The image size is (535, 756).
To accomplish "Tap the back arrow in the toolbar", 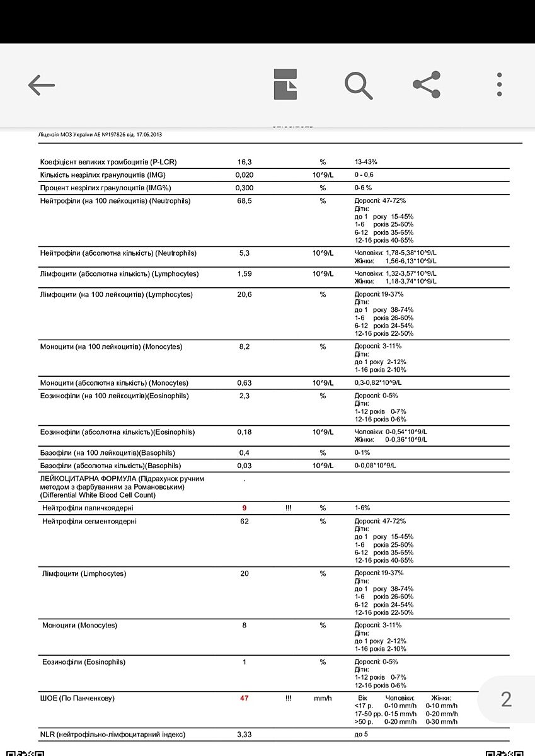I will pos(42,85).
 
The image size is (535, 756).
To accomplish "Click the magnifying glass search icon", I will pos(359,85).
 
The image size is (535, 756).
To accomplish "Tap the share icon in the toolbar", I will pos(427,84).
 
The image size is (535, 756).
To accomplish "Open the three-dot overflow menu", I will pos(499,84).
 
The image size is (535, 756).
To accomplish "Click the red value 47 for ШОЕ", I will pos(244,698).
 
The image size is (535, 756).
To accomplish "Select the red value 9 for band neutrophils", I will pos(244,508).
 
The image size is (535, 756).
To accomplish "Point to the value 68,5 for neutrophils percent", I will pos(244,201).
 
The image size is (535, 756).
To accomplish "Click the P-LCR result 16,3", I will pos(244,162).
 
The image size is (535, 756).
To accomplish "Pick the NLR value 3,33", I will pos(244,735).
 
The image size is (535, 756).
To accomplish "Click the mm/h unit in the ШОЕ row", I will pos(323,698).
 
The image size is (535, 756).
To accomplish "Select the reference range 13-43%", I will pos(371,162).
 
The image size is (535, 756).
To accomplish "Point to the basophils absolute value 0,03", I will pos(244,466).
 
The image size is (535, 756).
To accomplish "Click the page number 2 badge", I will pos(506,699).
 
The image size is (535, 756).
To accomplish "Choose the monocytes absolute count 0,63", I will pos(244,383).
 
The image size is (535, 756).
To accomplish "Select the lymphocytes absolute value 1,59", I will pos(244,274).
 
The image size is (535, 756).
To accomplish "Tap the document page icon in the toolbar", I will pos(285,84).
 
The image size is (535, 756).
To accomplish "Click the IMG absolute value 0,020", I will pos(244,175).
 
